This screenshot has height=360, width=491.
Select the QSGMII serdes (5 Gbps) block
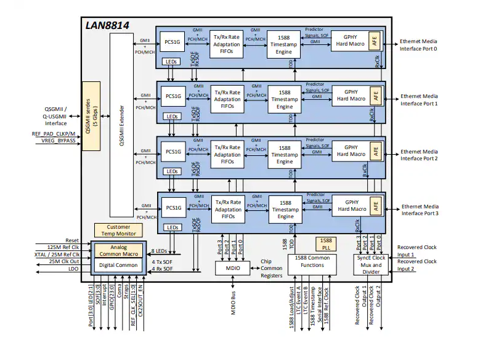click(91, 116)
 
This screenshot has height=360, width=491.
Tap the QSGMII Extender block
click(121, 126)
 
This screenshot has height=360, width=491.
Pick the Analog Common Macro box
click(120, 250)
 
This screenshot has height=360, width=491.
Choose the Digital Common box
click(120, 264)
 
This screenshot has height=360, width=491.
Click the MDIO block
click(231, 268)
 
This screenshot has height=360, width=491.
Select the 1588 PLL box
click(325, 243)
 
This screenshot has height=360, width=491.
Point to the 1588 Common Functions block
click(317, 261)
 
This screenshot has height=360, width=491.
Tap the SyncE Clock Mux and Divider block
click(371, 265)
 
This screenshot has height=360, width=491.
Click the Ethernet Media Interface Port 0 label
click(426, 45)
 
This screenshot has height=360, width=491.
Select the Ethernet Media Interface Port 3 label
click(428, 210)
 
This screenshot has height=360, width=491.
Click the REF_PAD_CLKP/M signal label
click(54, 133)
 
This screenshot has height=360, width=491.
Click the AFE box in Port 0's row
click(375, 41)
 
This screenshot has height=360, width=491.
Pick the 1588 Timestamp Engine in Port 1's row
click(285, 99)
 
